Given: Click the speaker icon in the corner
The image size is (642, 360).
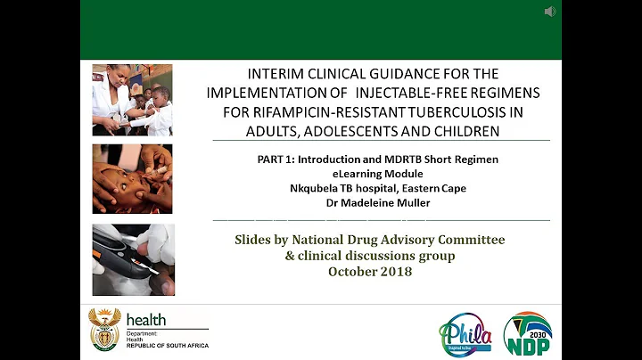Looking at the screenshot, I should [x=550, y=12].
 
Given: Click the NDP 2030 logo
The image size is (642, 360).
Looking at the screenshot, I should [x=527, y=334].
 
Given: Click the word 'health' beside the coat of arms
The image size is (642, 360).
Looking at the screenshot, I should [x=146, y=319].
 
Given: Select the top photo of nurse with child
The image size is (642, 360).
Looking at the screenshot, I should [x=133, y=100].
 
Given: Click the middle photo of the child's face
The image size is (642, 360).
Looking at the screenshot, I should [x=133, y=179].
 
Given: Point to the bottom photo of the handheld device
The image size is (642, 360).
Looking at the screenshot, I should [x=133, y=259].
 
